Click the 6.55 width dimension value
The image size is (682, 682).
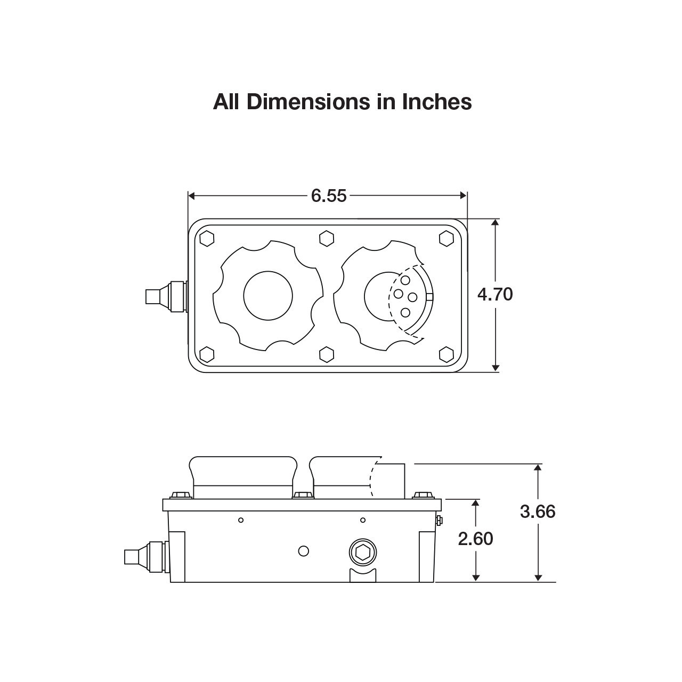329,196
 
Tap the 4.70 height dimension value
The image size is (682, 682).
495,294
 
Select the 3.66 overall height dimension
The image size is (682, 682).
538,511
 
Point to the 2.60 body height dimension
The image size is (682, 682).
476,539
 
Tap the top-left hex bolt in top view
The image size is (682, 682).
207,239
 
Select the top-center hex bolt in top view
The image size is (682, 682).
327,239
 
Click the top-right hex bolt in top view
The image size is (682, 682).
446,239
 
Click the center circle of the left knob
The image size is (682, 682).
268,296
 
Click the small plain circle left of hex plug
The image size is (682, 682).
304,550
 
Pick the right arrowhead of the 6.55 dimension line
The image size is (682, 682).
463,196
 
